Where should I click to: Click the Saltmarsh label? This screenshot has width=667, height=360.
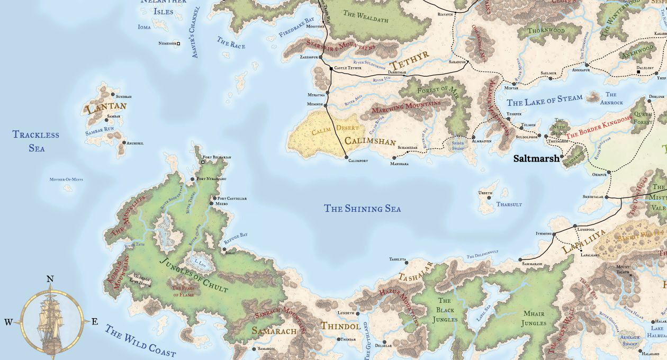click(x=537, y=158)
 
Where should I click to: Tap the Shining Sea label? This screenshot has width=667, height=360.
click(x=362, y=209)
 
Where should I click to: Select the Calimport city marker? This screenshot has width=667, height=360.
click(x=346, y=157)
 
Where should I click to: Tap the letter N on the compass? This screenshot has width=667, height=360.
click(x=50, y=279)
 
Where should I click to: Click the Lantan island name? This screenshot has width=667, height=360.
click(x=106, y=107)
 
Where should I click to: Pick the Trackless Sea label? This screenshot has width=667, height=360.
click(x=36, y=141)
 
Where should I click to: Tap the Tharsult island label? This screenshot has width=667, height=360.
click(x=509, y=204)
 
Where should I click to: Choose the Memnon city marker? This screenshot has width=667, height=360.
click(x=327, y=104)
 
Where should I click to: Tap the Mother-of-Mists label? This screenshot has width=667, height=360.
click(x=68, y=179)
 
